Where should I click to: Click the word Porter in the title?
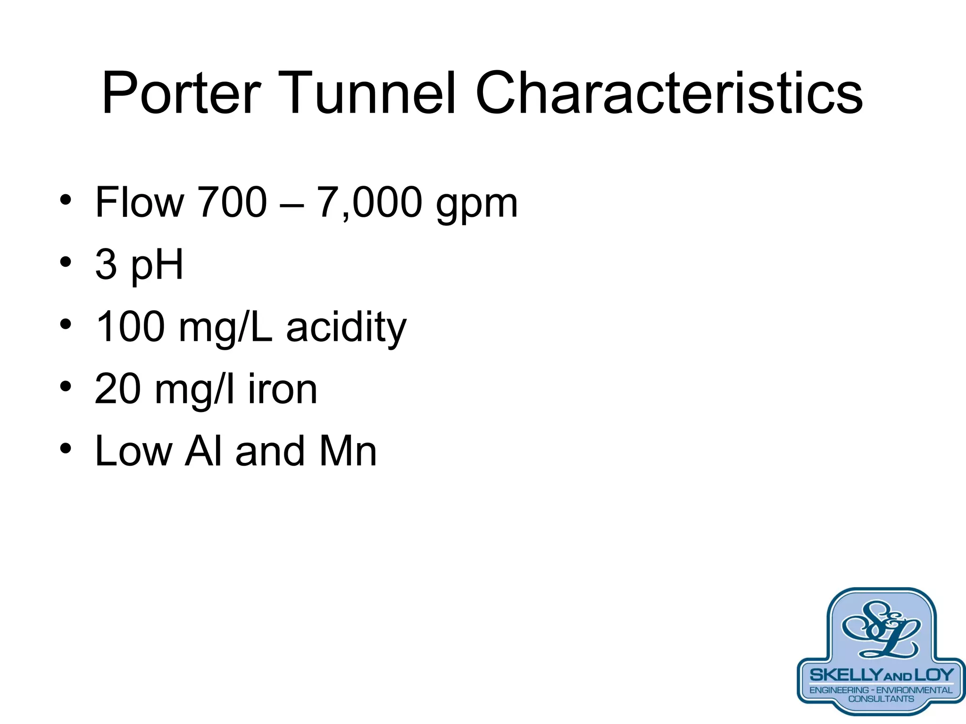[181, 93]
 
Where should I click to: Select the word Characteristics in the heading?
[669, 93]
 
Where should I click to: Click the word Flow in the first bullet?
[139, 202]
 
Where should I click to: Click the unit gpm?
[476, 207]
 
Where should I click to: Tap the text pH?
[157, 265]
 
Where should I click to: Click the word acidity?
[346, 328]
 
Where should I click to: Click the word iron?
[283, 389]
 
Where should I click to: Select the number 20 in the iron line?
[118, 389]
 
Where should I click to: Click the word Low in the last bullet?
[134, 452]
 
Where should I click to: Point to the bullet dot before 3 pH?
[66, 262]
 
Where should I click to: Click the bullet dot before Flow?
[66, 200]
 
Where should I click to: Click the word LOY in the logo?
[934, 675]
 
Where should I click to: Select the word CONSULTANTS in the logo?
[881, 699]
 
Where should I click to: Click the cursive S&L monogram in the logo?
[881, 630]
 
